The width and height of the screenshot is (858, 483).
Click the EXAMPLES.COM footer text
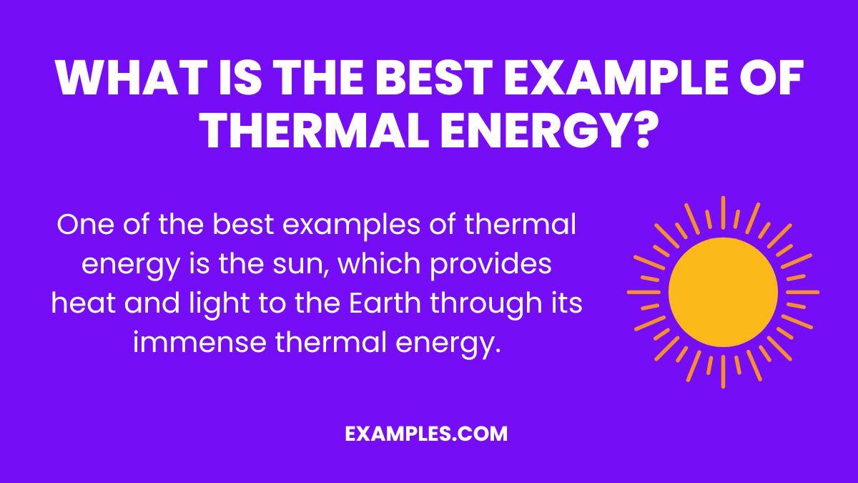tap(426, 434)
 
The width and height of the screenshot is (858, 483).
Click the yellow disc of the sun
tap(723, 293)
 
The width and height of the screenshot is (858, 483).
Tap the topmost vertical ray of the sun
tap(723, 212)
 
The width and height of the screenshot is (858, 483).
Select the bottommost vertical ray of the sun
tap(723, 373)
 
